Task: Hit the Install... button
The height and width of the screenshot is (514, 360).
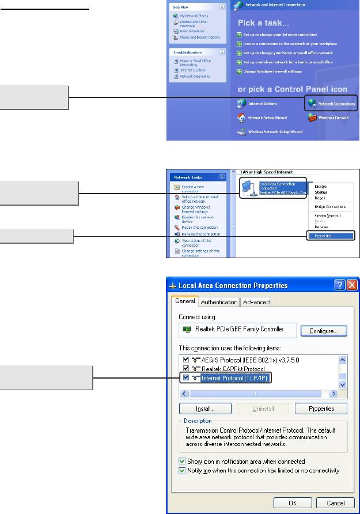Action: click(x=205, y=409)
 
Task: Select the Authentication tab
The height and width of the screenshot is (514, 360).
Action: click(x=219, y=302)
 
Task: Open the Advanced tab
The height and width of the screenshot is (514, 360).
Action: click(x=256, y=302)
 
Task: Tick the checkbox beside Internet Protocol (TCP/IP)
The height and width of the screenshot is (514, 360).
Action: click(x=186, y=378)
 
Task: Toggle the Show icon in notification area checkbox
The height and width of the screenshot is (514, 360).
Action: click(x=183, y=462)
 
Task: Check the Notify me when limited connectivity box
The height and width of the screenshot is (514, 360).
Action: click(x=183, y=471)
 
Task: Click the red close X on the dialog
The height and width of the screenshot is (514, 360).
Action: click(x=353, y=285)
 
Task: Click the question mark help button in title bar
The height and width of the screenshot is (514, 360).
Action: click(x=339, y=285)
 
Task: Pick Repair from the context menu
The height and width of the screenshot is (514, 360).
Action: click(x=320, y=197)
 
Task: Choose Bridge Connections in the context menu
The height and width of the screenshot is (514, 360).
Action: click(x=330, y=206)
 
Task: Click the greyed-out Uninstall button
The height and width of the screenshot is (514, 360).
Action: click(x=263, y=409)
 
